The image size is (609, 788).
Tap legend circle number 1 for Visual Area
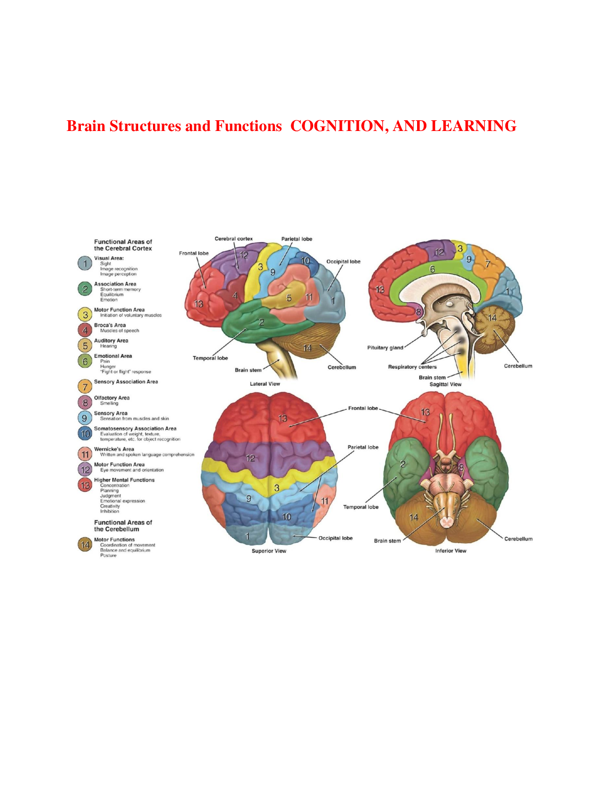[85, 264]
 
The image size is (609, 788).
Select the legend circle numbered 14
[85, 545]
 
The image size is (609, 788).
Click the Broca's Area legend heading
[110, 325]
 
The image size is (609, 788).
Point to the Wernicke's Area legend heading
[114, 449]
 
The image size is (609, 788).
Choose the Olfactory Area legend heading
[112, 398]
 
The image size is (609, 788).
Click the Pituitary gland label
[385, 348]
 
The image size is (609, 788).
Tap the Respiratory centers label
[412, 367]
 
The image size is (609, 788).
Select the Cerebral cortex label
[233, 239]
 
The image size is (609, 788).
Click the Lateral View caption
[265, 384]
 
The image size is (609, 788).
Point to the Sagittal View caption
[445, 384]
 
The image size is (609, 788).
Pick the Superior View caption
[269, 551]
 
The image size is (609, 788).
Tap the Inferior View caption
[450, 551]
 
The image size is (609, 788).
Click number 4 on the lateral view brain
[235, 295]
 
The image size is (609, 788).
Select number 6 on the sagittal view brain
[432, 269]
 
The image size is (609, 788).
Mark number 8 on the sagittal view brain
[418, 312]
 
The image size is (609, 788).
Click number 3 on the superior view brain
[276, 488]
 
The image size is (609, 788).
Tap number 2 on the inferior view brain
[403, 464]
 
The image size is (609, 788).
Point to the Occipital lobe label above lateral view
[343, 261]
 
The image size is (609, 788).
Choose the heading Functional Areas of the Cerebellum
[123, 526]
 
